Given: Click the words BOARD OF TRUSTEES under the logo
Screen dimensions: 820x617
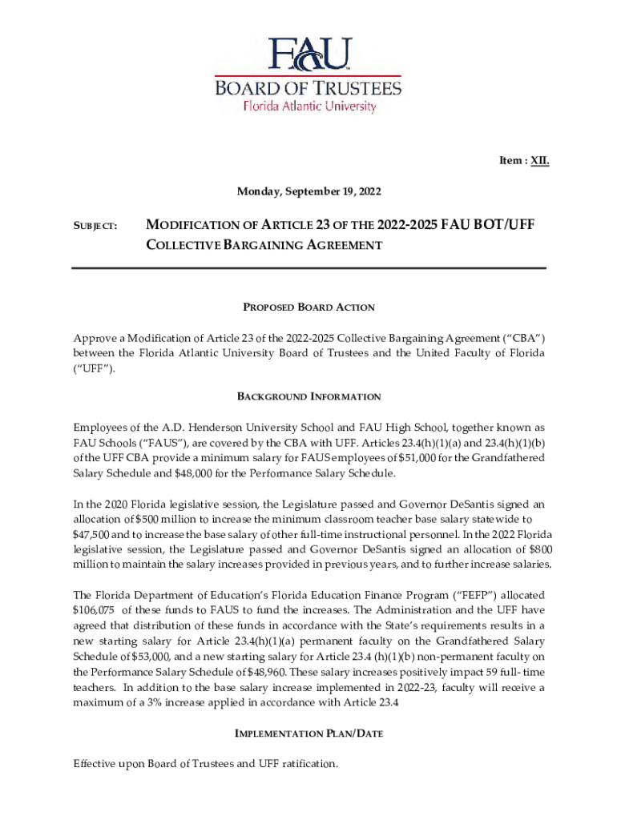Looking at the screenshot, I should (308, 86).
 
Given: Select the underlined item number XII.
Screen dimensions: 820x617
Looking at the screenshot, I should (538, 161).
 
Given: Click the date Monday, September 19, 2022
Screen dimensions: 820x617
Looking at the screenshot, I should (308, 191).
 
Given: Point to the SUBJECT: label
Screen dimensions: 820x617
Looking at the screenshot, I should (95, 227).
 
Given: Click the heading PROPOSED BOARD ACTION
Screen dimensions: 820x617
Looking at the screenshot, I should (308, 307).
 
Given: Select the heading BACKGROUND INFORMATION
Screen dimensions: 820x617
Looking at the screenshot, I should (308, 396).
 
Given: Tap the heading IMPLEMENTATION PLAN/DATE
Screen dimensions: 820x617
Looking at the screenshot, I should (308, 733).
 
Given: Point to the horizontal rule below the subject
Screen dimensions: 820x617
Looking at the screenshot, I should (308, 268).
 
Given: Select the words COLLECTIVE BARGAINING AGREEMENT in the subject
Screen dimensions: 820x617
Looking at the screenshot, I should (263, 245).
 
